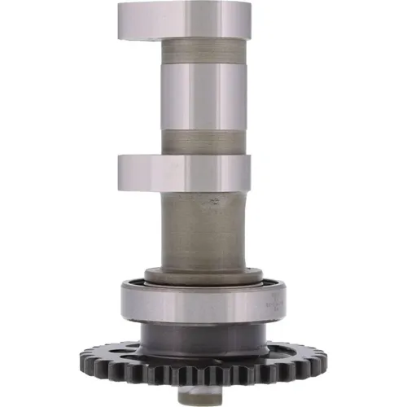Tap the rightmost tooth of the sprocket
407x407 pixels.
(322, 358)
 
